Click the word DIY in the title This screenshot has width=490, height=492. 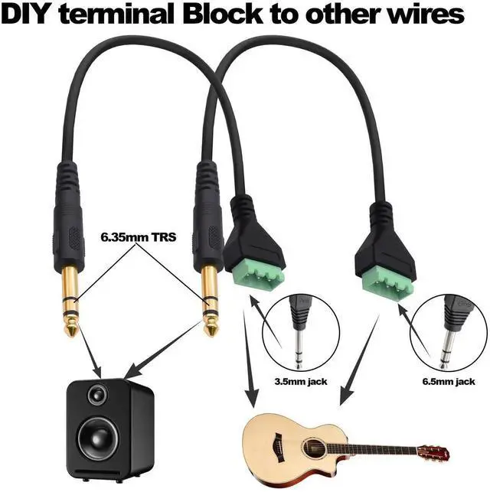tap(30, 15)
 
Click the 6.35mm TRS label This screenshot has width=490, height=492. tap(139, 237)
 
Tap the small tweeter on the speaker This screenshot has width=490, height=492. tap(97, 395)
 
